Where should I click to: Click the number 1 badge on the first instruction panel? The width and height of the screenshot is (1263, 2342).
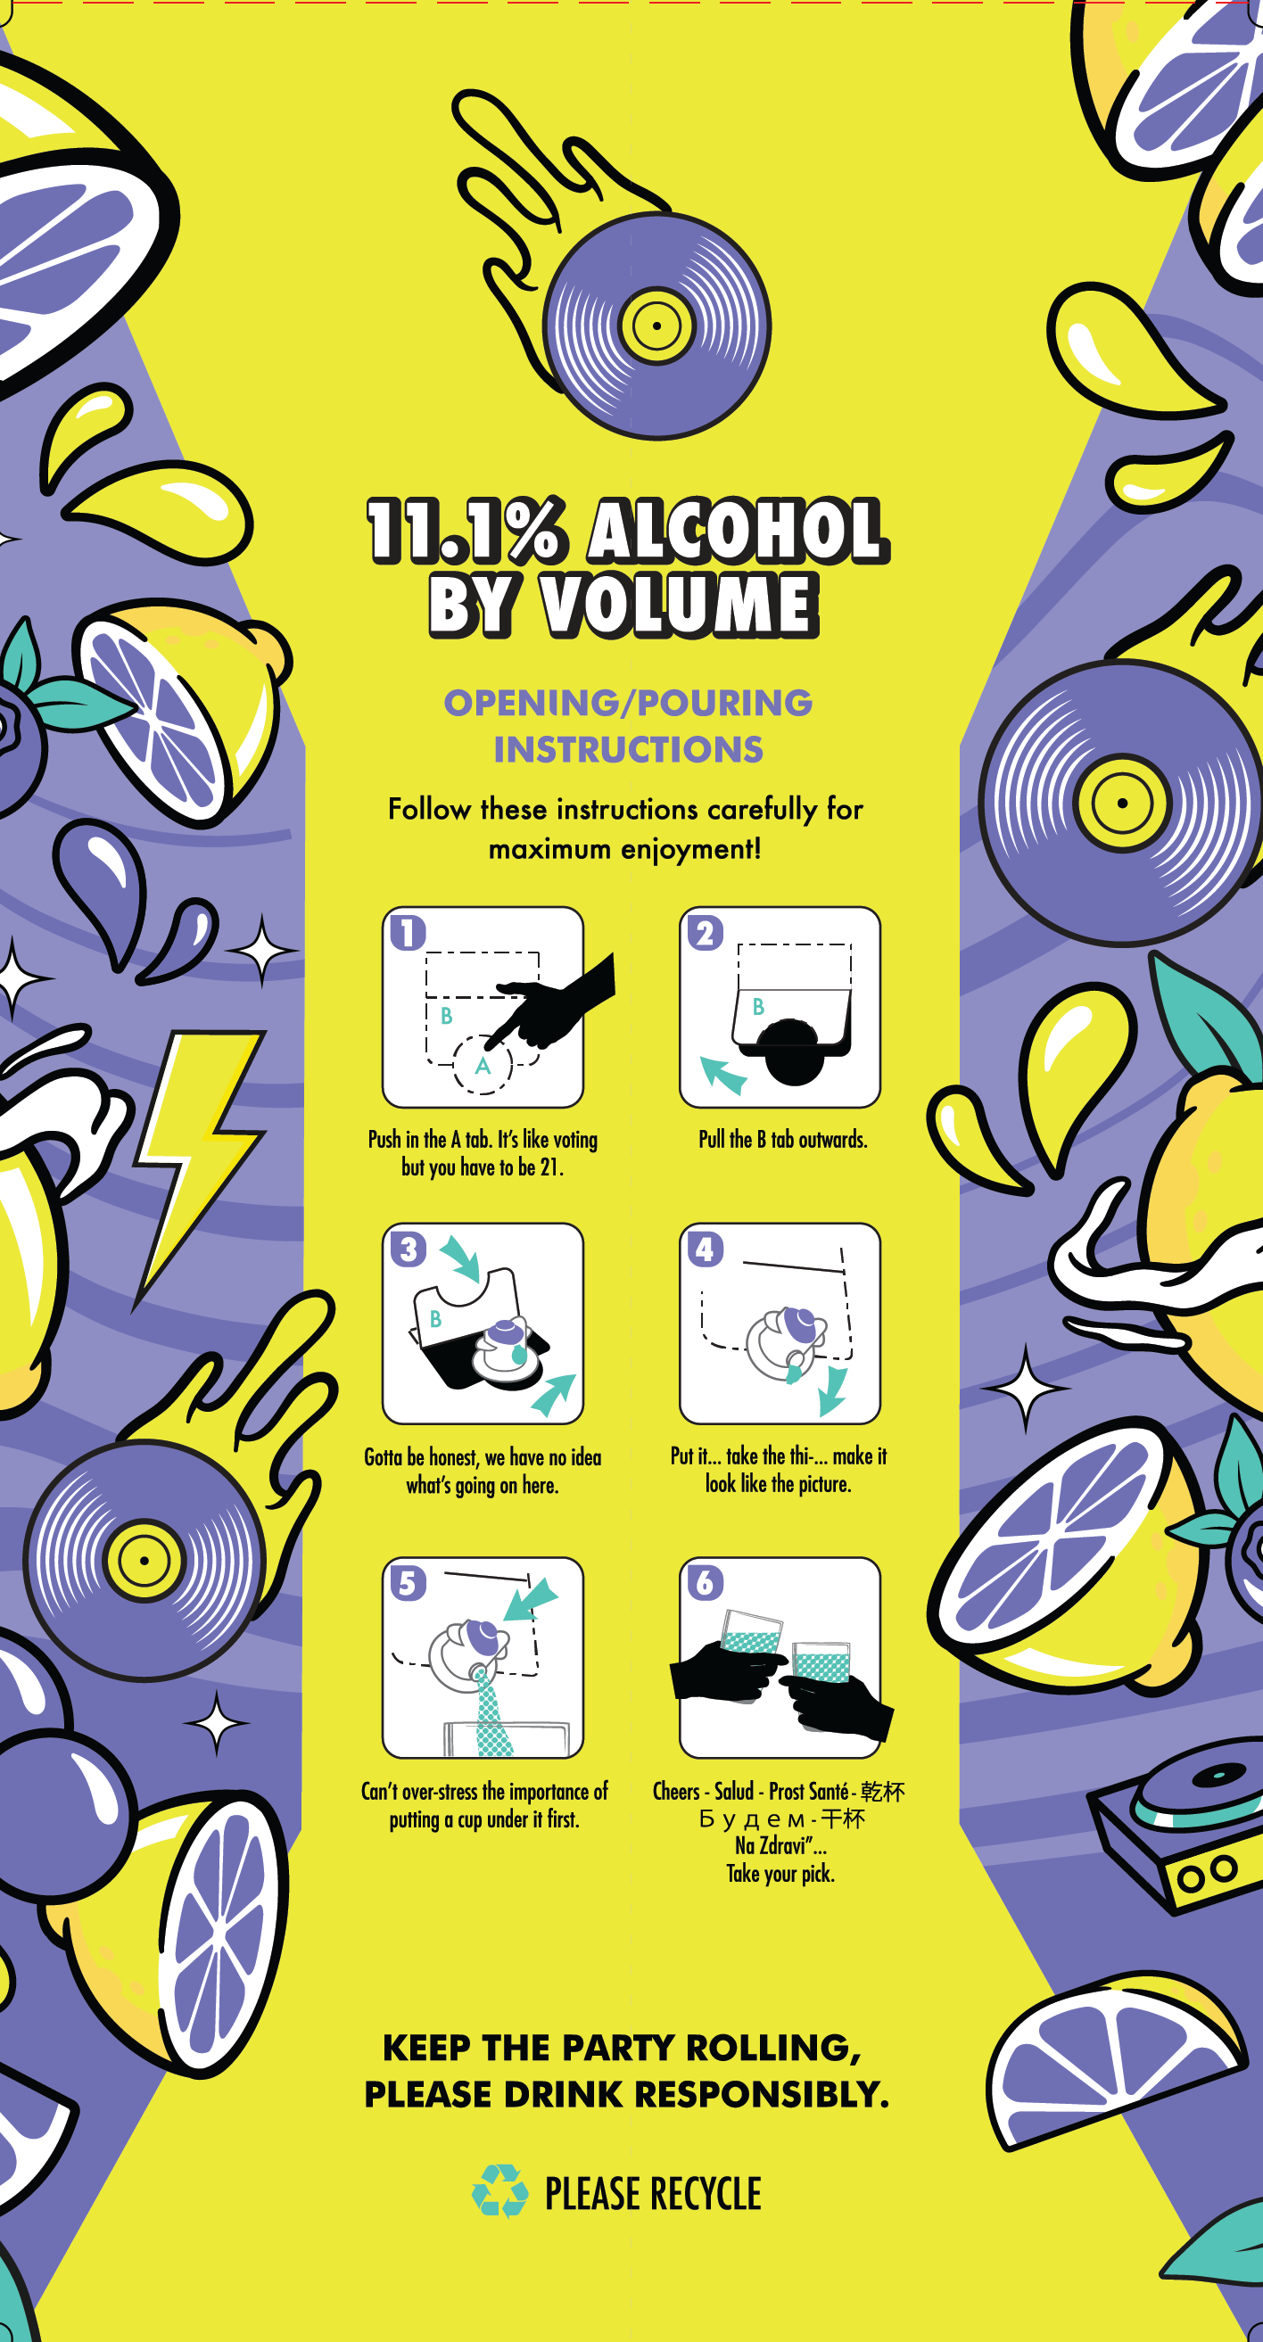408,933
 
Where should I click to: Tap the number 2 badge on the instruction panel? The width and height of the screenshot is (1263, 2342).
705,933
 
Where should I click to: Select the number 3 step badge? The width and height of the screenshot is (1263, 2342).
409,1249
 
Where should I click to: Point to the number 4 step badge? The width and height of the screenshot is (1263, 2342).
705,1249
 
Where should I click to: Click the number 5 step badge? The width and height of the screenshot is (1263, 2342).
409,1583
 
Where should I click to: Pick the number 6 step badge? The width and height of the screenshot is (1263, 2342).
705,1583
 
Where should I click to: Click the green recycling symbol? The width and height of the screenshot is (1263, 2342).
500,2191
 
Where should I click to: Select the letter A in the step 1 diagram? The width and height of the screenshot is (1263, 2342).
483,1066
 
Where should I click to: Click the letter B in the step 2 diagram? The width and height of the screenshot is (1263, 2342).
758,1006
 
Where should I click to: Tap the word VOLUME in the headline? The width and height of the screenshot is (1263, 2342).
680,604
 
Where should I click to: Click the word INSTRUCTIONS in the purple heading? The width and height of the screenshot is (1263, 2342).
628,749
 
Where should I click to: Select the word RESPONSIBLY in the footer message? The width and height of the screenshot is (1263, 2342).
762,2094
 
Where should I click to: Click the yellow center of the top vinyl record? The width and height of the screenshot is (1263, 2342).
656,325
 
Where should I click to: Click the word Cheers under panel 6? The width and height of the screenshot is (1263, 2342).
676,1791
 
